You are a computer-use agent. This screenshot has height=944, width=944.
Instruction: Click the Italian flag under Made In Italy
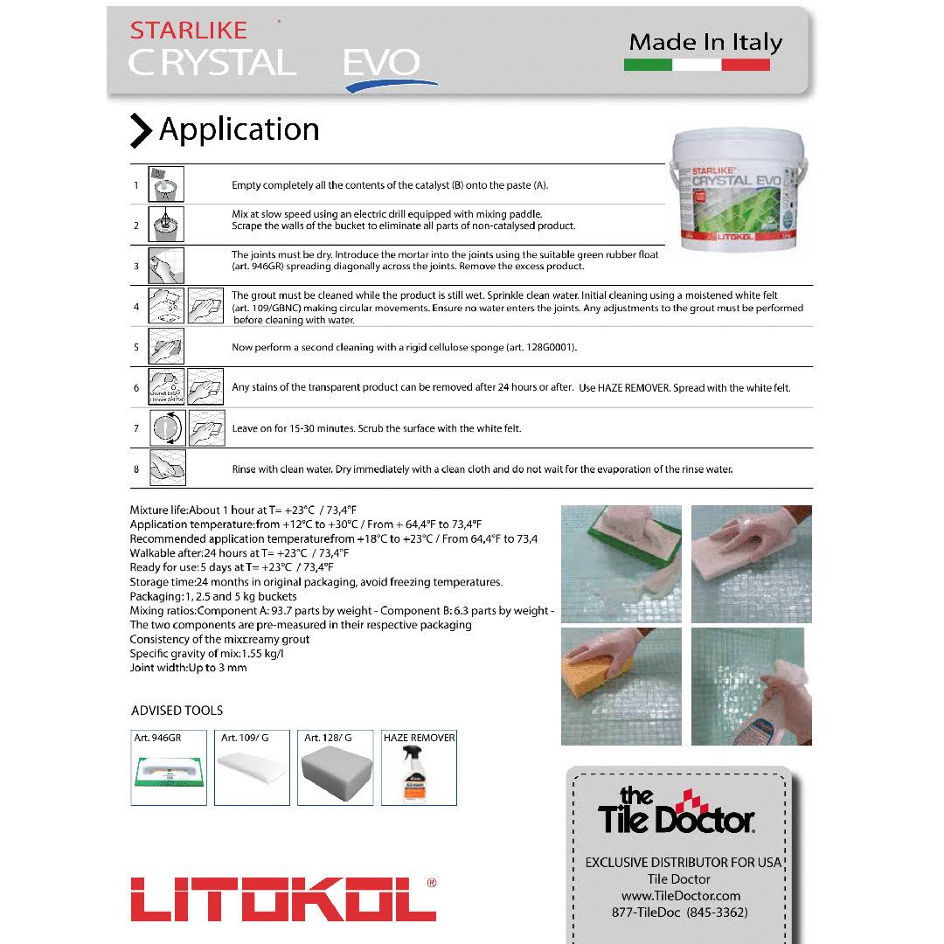point(697,65)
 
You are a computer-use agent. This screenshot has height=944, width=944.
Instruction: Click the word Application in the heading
point(239,129)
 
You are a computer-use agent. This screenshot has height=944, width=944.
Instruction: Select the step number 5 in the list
point(136,347)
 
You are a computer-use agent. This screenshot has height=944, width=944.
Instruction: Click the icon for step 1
point(165,184)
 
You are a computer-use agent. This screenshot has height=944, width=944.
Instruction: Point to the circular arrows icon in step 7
point(165,428)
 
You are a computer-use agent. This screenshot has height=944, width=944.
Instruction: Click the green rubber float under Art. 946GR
point(169,774)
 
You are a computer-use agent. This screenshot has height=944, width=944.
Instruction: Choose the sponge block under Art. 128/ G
point(336,774)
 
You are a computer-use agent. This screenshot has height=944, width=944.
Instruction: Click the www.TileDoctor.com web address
point(681,896)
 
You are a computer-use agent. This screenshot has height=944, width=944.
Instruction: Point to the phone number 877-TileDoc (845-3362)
point(680,913)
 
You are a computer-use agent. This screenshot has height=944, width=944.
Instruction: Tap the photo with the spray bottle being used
point(752,686)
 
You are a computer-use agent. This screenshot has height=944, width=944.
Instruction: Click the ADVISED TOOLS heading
point(177,711)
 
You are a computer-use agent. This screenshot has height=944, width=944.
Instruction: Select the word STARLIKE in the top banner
point(189,30)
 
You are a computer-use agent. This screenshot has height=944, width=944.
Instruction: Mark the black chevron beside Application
point(141,130)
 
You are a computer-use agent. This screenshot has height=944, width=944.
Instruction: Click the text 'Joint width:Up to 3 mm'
point(188,668)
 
